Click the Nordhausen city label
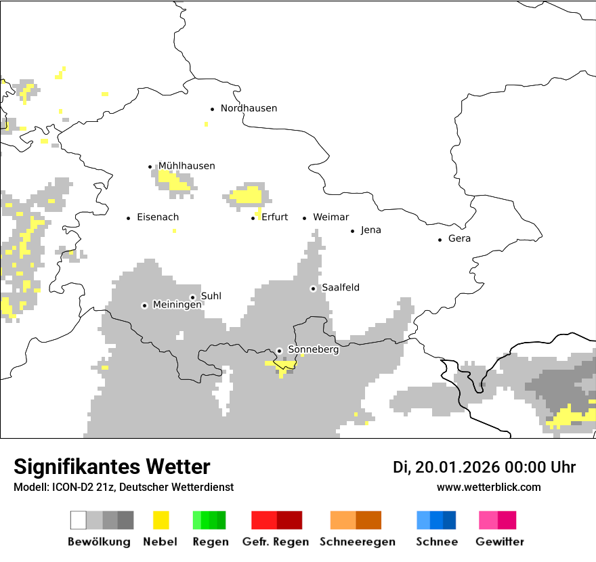point(249,108)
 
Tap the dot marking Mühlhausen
point(150,167)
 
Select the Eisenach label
point(158,217)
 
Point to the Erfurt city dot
point(253,218)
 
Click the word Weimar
point(331,217)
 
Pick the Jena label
point(370,230)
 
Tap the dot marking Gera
point(440,240)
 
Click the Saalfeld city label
point(340,288)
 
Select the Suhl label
point(211,297)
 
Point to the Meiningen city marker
point(144,305)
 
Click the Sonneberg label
point(313,350)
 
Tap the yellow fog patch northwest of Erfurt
point(247,196)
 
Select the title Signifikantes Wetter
point(112,467)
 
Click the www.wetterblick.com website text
point(488,487)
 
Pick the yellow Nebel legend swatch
point(161,520)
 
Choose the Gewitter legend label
point(499,542)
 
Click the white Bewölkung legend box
point(79,520)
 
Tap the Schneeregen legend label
point(357,542)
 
